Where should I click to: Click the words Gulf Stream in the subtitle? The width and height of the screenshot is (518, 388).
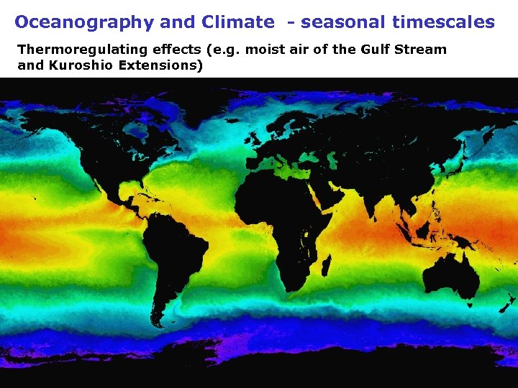(406, 50)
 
